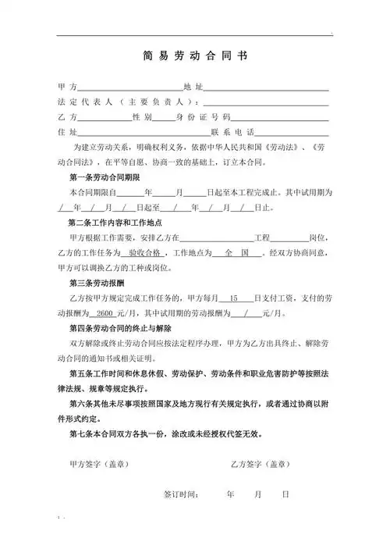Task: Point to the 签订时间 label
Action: tap(181, 494)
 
